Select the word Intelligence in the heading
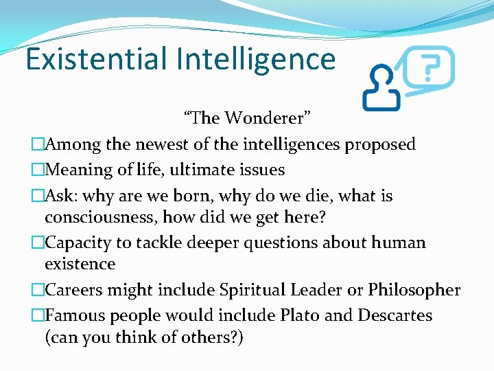click(x=255, y=60)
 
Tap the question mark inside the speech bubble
click(x=430, y=68)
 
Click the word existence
click(x=80, y=265)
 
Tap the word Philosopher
click(x=414, y=290)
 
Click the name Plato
click(x=298, y=315)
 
